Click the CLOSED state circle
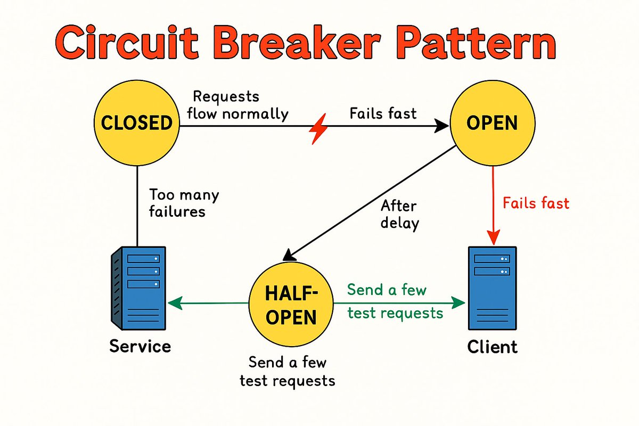coord(137,124)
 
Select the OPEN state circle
coord(491,124)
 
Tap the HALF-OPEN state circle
coord(291,304)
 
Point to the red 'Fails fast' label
coord(536,203)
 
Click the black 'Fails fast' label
coord(383,113)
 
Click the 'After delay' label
coord(399,214)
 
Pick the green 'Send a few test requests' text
coord(395,301)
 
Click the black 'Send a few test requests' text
coord(288,372)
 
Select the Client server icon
coord(491,288)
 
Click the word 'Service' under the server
coord(140,347)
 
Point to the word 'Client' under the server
coord(492,347)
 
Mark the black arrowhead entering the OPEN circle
coord(443,126)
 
